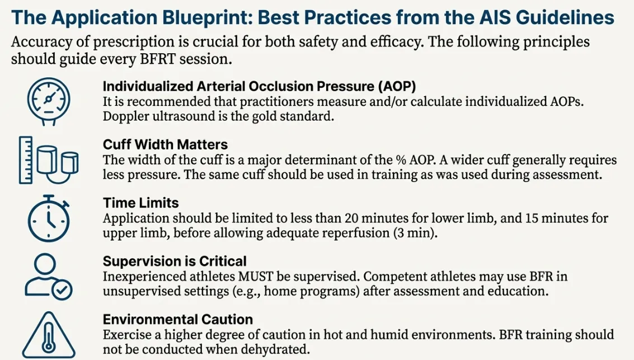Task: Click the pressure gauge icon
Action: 49,99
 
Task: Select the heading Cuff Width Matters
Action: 165,145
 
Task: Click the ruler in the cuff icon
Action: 26,160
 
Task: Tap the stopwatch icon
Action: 49,219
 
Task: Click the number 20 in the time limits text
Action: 354,218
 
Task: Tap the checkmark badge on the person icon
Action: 62,290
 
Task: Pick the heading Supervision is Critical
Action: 175,261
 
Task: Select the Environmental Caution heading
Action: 178,320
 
